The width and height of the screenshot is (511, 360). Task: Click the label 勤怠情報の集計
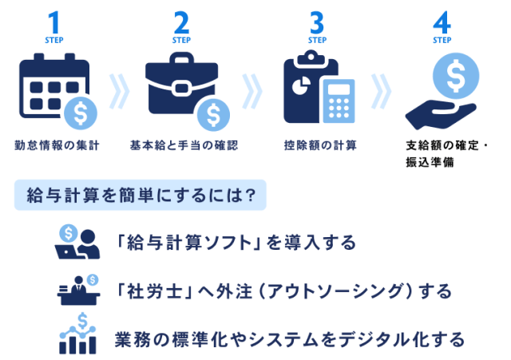[52, 145]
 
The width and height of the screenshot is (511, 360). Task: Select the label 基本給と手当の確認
[184, 145]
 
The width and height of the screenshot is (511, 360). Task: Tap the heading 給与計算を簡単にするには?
[141, 196]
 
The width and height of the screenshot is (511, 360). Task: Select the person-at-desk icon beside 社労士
[77, 288]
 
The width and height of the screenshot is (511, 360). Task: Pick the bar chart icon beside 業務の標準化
[77, 335]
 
